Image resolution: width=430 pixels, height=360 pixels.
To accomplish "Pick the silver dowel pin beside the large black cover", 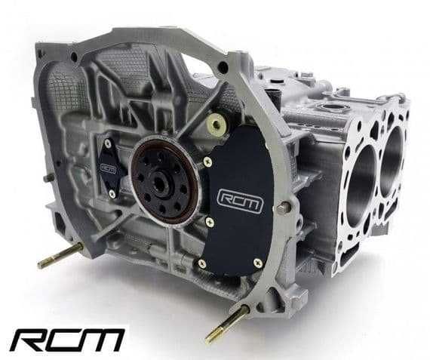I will (x=284, y=208).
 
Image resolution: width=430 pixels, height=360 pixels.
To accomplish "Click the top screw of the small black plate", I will (x=108, y=143).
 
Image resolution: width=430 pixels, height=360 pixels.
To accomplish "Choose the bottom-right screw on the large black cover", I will (x=257, y=263).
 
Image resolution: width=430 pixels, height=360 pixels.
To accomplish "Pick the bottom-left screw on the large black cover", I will (x=201, y=263).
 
